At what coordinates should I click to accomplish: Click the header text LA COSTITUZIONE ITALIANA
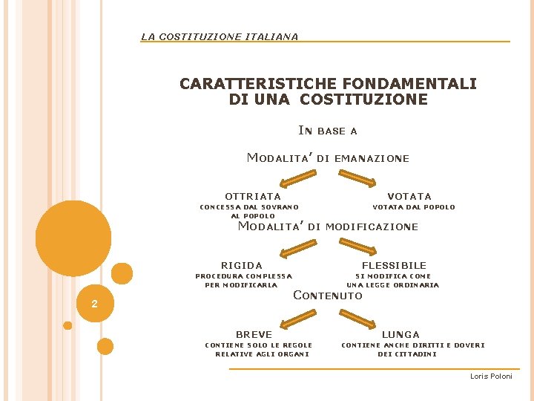click(x=220, y=36)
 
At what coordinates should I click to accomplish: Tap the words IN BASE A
click(x=327, y=131)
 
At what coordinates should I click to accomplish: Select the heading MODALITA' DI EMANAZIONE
click(x=327, y=157)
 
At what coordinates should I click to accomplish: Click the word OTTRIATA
click(x=253, y=196)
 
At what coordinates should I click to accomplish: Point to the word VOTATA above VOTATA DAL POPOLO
click(x=409, y=196)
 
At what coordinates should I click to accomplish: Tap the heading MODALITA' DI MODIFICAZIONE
click(x=327, y=226)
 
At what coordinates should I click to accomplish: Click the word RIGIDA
click(x=242, y=265)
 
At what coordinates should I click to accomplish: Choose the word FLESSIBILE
click(x=394, y=265)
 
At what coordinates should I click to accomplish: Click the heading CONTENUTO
click(x=327, y=296)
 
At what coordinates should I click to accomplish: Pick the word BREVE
click(x=254, y=334)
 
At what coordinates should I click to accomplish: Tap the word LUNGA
click(x=400, y=334)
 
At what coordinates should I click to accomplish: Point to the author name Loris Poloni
click(x=491, y=376)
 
